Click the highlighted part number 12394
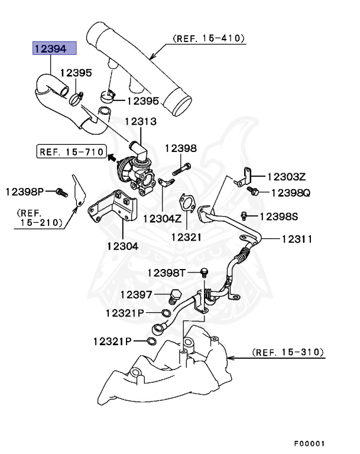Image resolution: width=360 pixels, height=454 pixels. pyautogui.click(x=54, y=48)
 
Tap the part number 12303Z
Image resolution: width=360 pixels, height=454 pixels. pyautogui.click(x=286, y=176)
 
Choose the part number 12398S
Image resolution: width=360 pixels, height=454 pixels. pyautogui.click(x=278, y=216)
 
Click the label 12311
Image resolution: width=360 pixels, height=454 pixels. pyautogui.click(x=297, y=239)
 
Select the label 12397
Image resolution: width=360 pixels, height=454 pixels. pyautogui.click(x=137, y=294)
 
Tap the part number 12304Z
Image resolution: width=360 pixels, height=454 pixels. pyautogui.click(x=161, y=217)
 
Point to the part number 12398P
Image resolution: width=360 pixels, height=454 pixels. pyautogui.click(x=25, y=191)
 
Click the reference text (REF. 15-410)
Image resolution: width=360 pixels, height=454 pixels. pyautogui.click(x=208, y=38)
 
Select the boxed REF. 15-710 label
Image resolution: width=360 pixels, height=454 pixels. pyautogui.click(x=69, y=152)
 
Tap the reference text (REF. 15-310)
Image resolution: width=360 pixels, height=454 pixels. pyautogui.click(x=288, y=352)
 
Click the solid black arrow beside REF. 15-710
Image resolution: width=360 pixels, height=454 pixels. pyautogui.click(x=111, y=157)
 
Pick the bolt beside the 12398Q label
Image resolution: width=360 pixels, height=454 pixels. pyautogui.click(x=254, y=192)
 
